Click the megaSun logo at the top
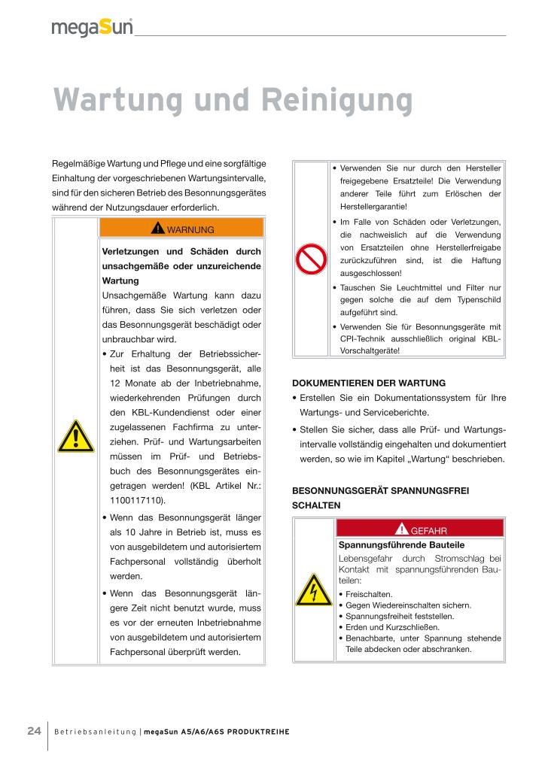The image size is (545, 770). coord(92,27)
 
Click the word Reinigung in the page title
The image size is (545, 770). coord(339,99)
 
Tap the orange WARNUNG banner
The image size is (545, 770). coord(181,229)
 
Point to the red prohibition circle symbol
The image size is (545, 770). coord(311,259)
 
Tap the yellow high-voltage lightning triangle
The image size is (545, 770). coord(312,592)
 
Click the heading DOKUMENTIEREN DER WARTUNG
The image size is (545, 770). coord(369,383)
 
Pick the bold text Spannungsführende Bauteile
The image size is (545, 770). coord(401,544)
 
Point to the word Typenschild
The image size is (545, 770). coord(478,299)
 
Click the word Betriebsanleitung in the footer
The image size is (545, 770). coord(96,732)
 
